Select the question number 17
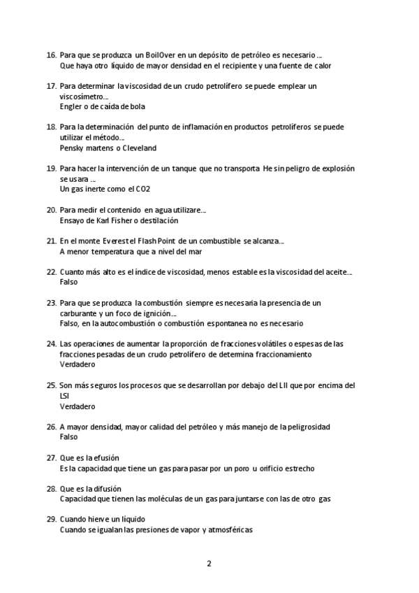pos(51,86)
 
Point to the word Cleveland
pos(139,148)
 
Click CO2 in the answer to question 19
pos(142,189)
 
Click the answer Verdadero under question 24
pos(77,364)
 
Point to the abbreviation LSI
pos(65,395)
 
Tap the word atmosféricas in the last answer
pos(231,529)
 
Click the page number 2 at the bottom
pos(209,564)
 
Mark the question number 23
pos(51,303)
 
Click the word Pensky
pos(72,148)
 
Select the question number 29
pos(51,519)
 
